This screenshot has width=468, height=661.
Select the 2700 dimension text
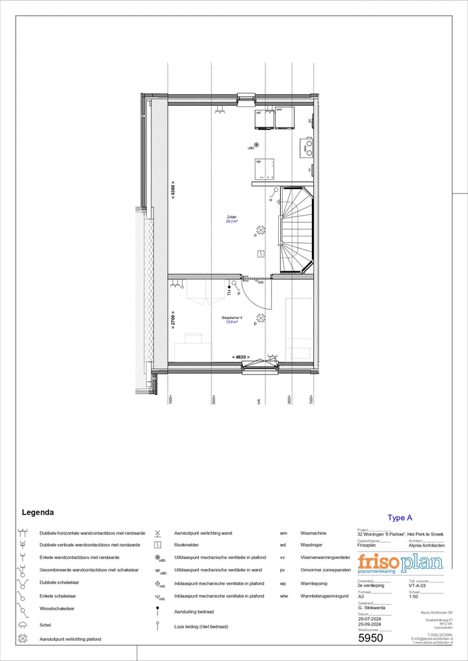[173, 320]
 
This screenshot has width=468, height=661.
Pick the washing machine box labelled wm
[285, 119]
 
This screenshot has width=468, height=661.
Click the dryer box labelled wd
[264, 121]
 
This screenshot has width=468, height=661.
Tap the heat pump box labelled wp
[265, 169]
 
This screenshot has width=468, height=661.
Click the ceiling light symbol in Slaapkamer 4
[261, 318]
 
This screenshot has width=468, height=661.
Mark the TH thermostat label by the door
[229, 293]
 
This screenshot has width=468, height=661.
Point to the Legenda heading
[38, 512]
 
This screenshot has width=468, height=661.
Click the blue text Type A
[400, 518]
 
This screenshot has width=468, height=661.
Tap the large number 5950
[370, 638]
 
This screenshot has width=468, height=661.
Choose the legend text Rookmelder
[187, 545]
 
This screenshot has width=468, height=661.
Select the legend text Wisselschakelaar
[57, 608]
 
